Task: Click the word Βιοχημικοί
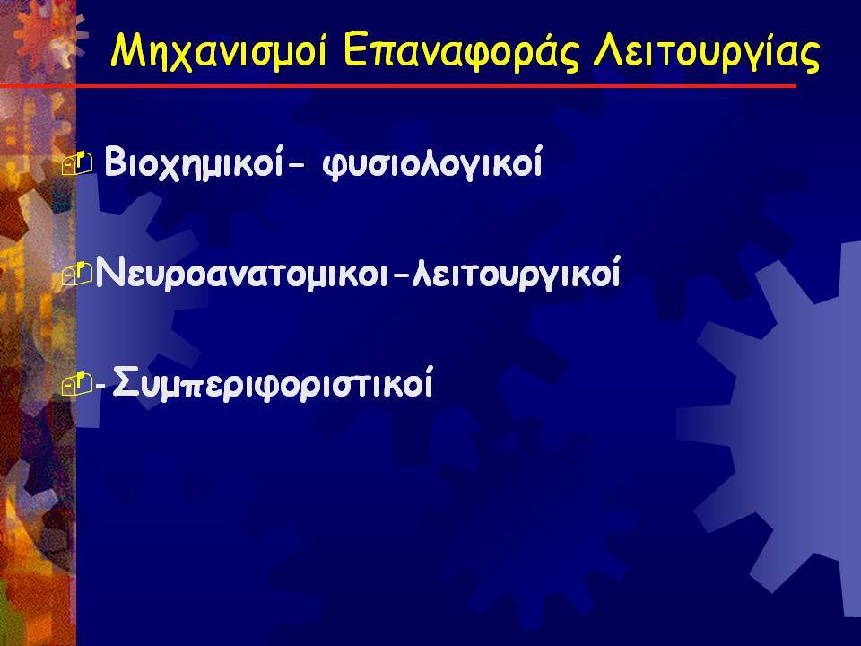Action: (194, 162)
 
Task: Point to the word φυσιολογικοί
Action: (432, 162)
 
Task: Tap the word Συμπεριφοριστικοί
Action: (273, 382)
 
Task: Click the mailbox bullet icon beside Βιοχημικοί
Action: (77, 164)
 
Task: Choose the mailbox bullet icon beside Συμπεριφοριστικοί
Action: (77, 384)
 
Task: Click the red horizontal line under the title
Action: (398, 86)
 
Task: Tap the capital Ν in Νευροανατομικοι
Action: (109, 271)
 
